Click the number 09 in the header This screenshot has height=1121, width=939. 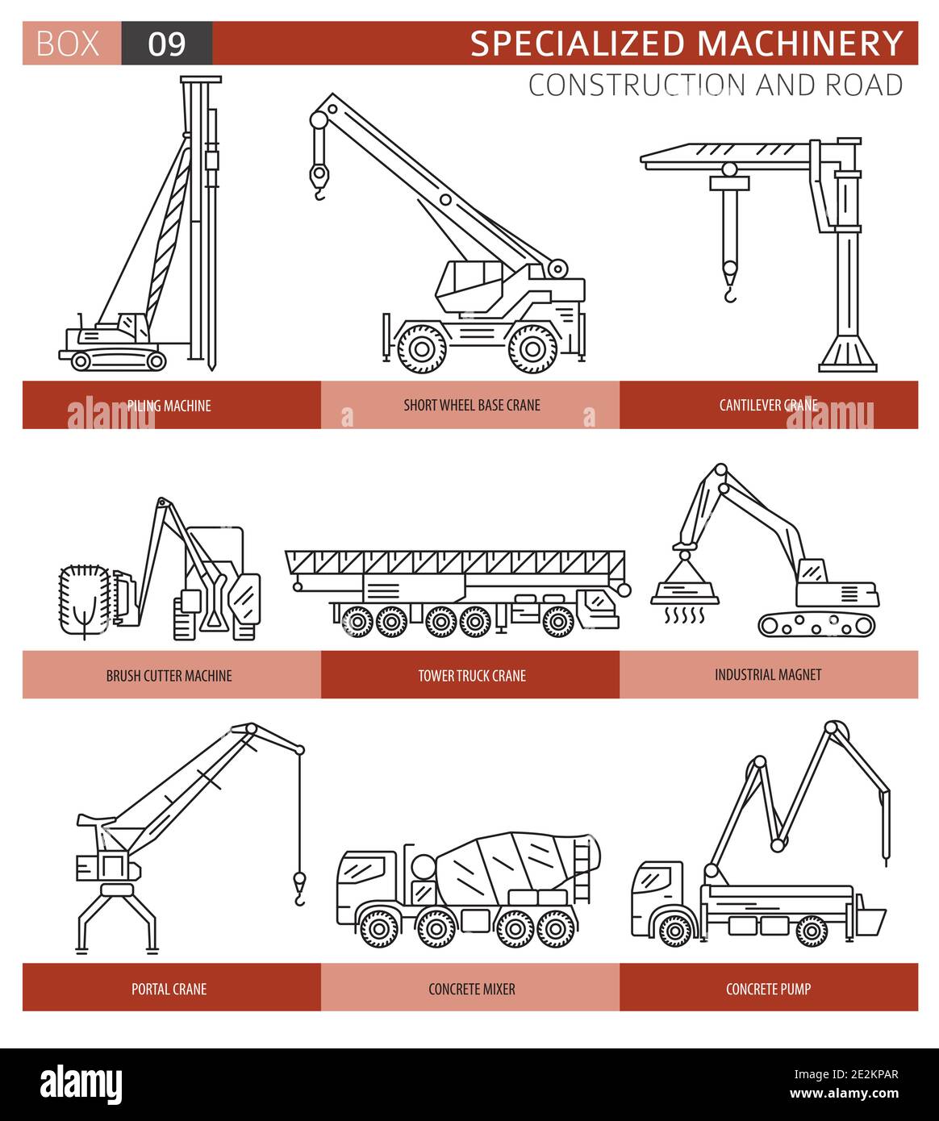167,44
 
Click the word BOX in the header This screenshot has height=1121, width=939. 69,44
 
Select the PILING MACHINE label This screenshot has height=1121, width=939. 169,406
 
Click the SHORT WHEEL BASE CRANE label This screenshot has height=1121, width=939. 472,405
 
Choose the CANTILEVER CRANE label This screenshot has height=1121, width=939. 768,405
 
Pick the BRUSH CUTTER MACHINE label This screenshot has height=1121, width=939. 169,675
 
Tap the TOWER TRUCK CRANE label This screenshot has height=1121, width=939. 472,675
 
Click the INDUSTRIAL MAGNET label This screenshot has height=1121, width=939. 768,674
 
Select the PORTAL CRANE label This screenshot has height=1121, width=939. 169,989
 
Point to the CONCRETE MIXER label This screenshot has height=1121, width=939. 472,989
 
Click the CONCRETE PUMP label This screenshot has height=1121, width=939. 768,989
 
